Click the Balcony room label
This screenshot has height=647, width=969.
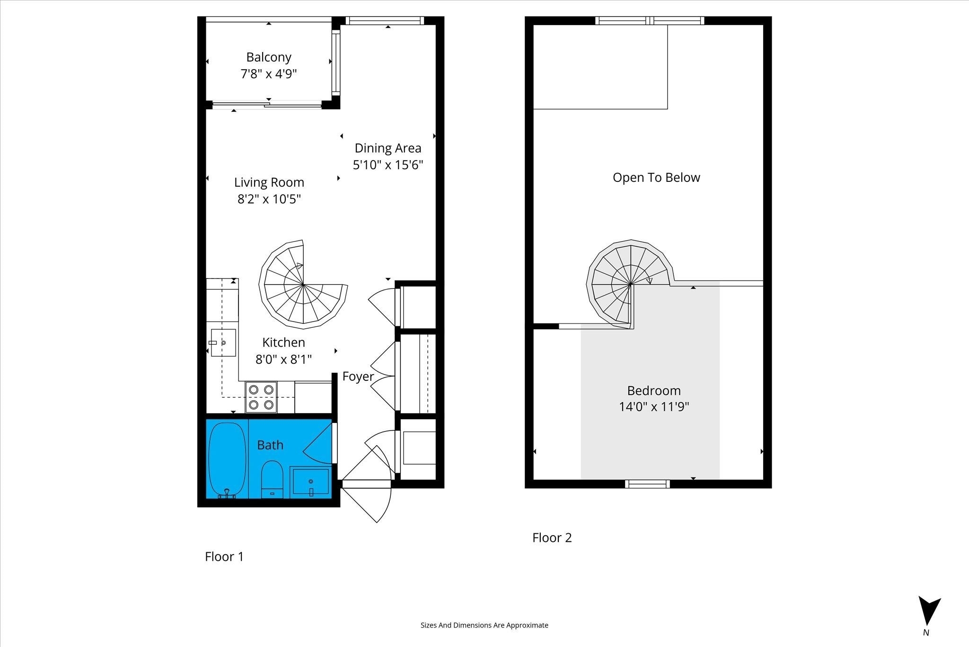(269, 57)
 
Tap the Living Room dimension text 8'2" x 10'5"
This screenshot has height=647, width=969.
(269, 199)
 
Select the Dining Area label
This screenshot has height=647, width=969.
(388, 148)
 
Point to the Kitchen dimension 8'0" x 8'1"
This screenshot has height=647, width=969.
(284, 359)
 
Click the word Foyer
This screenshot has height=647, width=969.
(358, 377)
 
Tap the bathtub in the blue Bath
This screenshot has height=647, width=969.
(227, 459)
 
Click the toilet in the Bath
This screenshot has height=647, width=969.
(272, 479)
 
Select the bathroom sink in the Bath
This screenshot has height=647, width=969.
(310, 482)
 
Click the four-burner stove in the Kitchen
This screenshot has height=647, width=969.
(261, 397)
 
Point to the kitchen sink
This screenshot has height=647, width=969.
(223, 342)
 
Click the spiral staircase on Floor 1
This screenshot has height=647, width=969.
(303, 284)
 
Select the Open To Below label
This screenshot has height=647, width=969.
(656, 178)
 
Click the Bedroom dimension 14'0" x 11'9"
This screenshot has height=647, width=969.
(654, 407)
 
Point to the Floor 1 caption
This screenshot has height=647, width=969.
(224, 557)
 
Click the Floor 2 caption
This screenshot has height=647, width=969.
(552, 538)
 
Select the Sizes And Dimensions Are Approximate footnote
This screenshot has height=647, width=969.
(484, 625)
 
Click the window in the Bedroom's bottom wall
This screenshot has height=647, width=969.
(647, 484)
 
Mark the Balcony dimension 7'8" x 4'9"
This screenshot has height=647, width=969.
(269, 74)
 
